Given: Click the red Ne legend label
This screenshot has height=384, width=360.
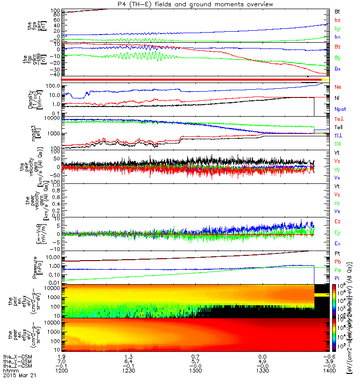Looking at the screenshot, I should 337,87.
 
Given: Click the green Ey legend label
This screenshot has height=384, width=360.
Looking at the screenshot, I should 337,233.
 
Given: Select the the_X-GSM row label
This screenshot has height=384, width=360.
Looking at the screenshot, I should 15,357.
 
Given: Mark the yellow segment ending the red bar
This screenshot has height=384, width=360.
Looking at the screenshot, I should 325,79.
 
